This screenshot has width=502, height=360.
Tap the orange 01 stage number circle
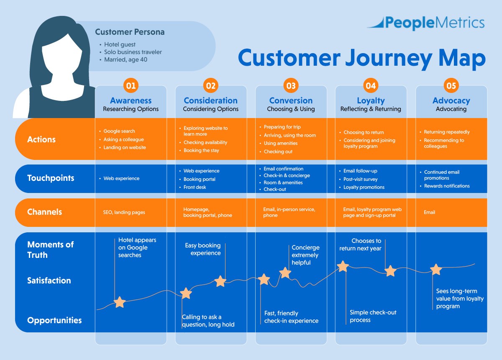pyautogui.click(x=131, y=86)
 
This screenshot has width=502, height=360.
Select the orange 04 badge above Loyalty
pyautogui.click(x=371, y=86)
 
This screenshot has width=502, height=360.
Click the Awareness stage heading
pyautogui.click(x=131, y=100)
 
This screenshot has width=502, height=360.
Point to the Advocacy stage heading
pyautogui.click(x=451, y=100)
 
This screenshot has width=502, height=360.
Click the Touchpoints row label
pyautogui.click(x=51, y=178)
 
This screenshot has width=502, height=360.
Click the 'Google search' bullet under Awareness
pyautogui.click(x=119, y=131)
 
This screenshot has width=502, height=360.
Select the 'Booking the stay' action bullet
pyautogui.click(x=201, y=151)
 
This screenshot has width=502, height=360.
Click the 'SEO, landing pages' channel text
pyautogui.click(x=124, y=212)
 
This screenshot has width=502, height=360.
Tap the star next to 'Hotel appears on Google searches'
pyautogui.click(x=120, y=302)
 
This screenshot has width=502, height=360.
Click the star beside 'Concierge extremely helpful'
pyautogui.click(x=285, y=273)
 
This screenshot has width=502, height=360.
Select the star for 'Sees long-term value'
pyautogui.click(x=436, y=270)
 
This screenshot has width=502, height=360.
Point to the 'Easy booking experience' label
pyautogui.click(x=203, y=249)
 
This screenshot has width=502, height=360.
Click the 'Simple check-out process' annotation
pyautogui.click(x=373, y=316)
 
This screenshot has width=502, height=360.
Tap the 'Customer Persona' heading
pyautogui.click(x=130, y=32)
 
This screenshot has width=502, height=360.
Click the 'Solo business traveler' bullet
pyautogui.click(x=133, y=52)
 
